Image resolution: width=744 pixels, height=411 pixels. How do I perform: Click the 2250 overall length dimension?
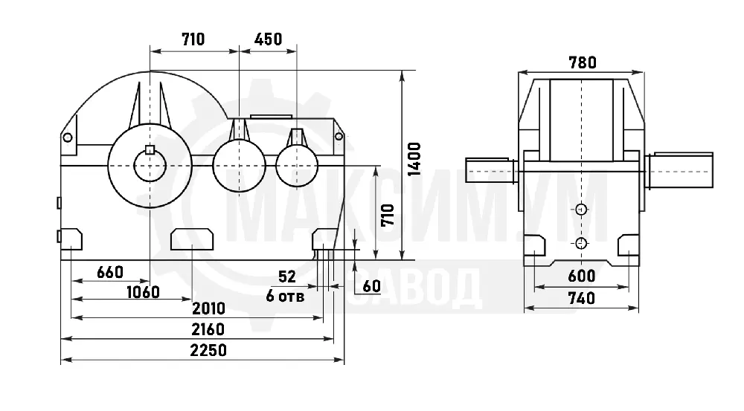[x=208, y=350]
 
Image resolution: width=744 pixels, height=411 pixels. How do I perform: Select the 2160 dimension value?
[x=208, y=329]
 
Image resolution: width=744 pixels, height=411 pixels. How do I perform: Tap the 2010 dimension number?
[x=208, y=308]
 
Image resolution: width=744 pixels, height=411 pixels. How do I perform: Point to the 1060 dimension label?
[x=143, y=292]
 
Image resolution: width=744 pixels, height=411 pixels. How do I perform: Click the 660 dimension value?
[x=110, y=272]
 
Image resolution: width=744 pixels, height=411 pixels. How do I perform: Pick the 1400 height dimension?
[x=414, y=159]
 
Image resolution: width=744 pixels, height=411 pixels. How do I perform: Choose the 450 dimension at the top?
[x=268, y=39]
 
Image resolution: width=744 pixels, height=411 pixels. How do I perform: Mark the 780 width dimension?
[x=583, y=62]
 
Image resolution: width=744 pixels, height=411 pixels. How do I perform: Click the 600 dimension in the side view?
[x=582, y=276]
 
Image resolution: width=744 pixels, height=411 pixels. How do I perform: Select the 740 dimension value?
[x=582, y=298]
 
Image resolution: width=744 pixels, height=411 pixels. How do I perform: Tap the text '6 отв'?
[x=285, y=297]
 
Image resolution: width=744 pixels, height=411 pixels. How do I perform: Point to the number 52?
[x=287, y=276]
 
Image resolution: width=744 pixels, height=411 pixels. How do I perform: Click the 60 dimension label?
[x=371, y=286]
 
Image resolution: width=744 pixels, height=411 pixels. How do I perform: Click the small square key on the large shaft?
[x=150, y=149]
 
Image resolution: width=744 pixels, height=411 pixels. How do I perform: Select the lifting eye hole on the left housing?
[x=68, y=137]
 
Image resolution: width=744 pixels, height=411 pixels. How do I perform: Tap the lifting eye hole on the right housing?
[x=339, y=137]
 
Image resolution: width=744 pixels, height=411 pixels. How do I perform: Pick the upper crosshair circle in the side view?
[x=581, y=209]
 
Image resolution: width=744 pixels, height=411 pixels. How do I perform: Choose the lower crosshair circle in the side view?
[x=581, y=244]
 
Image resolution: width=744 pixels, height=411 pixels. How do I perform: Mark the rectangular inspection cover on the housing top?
[x=272, y=116]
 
